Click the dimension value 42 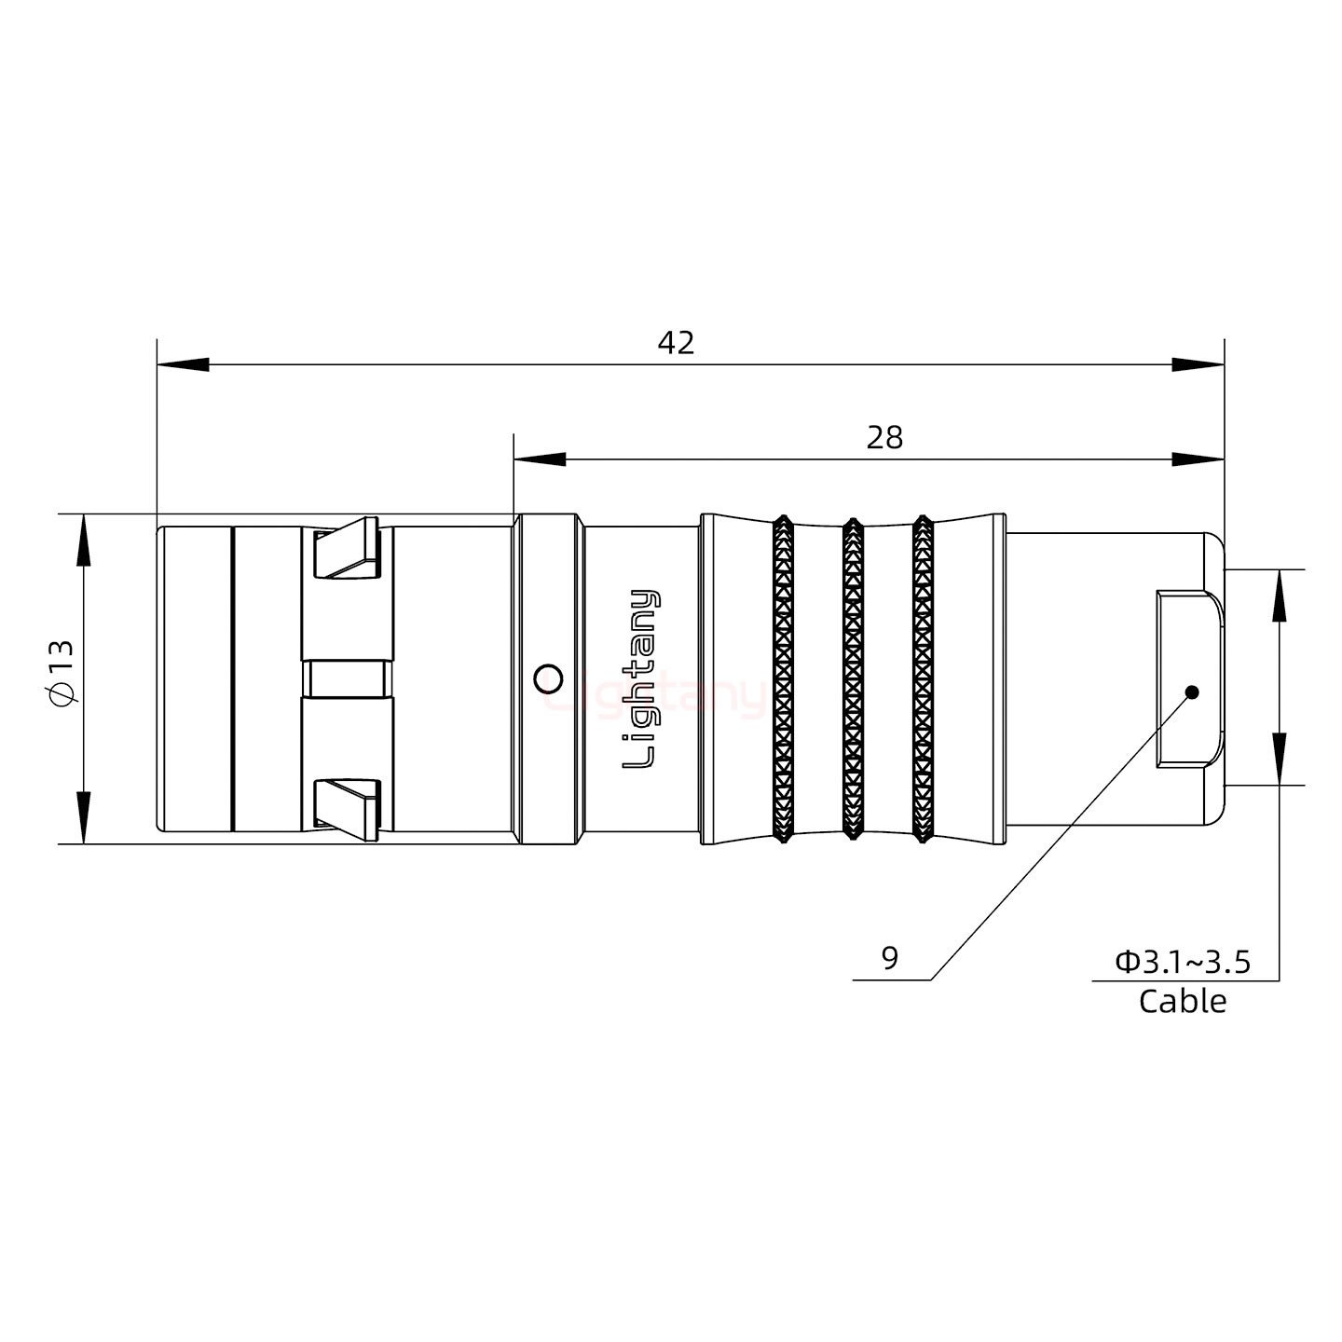pos(676,343)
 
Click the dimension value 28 pos(884,437)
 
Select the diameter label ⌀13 pos(61,673)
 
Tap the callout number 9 pos(890,958)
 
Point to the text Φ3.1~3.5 pos(1183,962)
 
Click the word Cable pos(1182,1002)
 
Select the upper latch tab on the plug pos(347,551)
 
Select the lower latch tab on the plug pos(347,804)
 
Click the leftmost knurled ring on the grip pos(783,678)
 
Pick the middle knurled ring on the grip pos(853,678)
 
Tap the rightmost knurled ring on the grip pos(923,678)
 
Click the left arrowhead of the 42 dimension pos(182,364)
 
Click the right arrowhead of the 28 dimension pos(1198,459)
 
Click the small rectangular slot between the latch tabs pos(348,678)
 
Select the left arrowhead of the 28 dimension pos(539,459)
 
